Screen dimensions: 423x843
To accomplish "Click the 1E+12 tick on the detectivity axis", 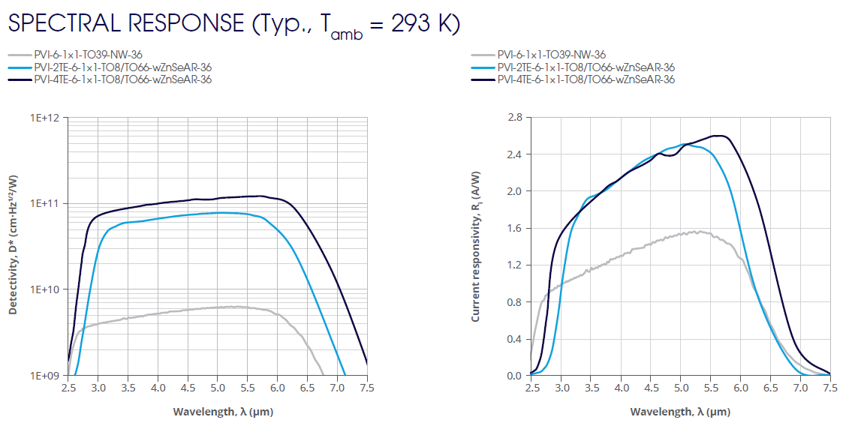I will point(47,118).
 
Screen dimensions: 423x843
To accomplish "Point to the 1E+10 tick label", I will point(47,289).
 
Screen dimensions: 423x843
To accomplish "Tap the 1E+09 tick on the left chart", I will point(47,375).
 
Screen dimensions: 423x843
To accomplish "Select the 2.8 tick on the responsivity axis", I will point(514,118).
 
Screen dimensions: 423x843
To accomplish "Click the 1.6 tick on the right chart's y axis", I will point(514,228).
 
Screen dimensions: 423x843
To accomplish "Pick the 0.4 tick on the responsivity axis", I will point(514,339).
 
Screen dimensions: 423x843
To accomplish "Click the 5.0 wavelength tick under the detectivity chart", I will point(218,388).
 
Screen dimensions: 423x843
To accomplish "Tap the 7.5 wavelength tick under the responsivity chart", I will point(830,388).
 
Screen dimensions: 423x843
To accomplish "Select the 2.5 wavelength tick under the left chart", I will point(68,388).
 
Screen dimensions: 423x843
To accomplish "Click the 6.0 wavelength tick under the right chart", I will point(741,388).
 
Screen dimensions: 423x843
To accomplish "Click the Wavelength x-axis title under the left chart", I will point(218,412).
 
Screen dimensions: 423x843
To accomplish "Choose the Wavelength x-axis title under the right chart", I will point(680,412).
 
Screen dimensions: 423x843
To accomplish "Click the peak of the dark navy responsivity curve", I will point(720,136).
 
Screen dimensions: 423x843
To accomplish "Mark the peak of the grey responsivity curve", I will point(697,232).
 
